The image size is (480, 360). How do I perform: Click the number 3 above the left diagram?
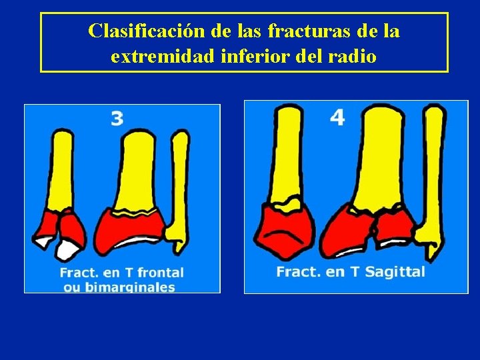coord(117,119)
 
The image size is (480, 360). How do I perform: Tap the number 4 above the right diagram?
coord(337,117)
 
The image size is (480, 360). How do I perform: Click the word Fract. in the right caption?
coord(299,271)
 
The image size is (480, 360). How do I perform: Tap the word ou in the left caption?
coord(71,287)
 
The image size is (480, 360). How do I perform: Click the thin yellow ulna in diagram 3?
coord(179,180)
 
